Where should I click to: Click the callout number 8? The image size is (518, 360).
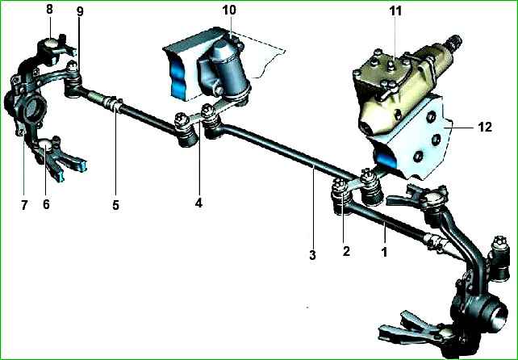click(49, 9)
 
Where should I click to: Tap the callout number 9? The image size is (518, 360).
click(80, 12)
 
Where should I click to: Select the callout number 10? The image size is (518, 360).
click(229, 10)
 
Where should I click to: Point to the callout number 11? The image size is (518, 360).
click(395, 11)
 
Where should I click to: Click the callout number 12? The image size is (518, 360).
click(485, 127)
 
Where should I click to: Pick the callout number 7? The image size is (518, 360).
click(23, 205)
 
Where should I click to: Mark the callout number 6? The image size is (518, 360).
click(46, 204)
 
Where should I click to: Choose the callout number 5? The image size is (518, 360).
click(115, 205)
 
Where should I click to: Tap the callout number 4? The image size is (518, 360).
click(198, 203)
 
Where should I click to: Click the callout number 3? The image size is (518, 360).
click(312, 255)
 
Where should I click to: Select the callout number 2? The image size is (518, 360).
click(346, 251)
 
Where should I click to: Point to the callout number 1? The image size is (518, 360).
click(384, 252)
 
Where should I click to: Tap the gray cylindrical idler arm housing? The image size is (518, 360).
click(228, 71)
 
